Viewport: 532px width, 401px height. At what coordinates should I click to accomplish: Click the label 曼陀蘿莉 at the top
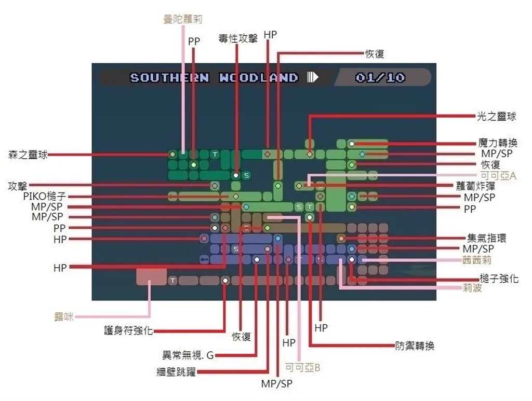click(182, 20)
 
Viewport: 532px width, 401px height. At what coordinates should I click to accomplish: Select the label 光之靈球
click(497, 117)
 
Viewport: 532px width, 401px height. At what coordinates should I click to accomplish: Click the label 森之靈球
click(28, 154)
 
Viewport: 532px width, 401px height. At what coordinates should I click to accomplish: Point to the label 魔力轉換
click(498, 143)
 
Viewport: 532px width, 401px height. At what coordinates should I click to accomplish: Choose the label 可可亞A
click(498, 176)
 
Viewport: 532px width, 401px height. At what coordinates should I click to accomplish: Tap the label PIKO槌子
click(44, 197)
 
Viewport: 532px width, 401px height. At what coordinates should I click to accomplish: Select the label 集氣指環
click(486, 238)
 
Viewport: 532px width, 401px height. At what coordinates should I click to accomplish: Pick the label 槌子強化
click(499, 279)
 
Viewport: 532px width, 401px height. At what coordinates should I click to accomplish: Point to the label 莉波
click(472, 288)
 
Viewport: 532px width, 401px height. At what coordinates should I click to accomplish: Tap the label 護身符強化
click(128, 330)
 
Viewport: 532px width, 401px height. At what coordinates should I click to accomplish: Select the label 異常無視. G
click(188, 356)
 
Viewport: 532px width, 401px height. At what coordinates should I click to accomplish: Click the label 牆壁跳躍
click(176, 371)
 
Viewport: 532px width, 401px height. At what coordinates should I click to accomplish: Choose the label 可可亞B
click(302, 368)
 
